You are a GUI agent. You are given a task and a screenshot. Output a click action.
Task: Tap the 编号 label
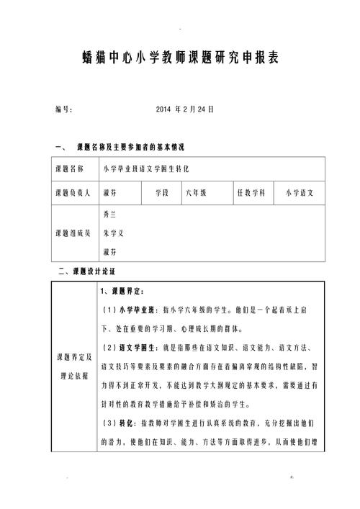(x=64, y=110)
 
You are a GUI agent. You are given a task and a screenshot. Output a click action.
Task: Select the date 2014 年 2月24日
(x=184, y=110)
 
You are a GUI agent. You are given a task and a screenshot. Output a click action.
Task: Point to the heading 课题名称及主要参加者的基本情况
(x=130, y=147)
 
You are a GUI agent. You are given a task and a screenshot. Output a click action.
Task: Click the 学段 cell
(x=162, y=194)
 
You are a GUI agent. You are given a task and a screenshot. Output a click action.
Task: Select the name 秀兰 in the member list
(x=111, y=215)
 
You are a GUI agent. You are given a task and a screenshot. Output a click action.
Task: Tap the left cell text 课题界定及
(x=74, y=358)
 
